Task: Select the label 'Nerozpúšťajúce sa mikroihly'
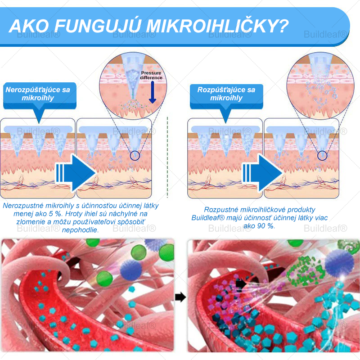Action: coord(38,94)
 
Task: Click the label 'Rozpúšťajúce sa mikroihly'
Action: coord(226,94)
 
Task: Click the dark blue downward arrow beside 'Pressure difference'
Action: coord(152,92)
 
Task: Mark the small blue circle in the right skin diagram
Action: coord(322,156)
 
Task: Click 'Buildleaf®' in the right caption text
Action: coord(208,218)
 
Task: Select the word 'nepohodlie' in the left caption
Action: coord(81,229)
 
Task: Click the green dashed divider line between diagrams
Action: coord(167,157)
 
